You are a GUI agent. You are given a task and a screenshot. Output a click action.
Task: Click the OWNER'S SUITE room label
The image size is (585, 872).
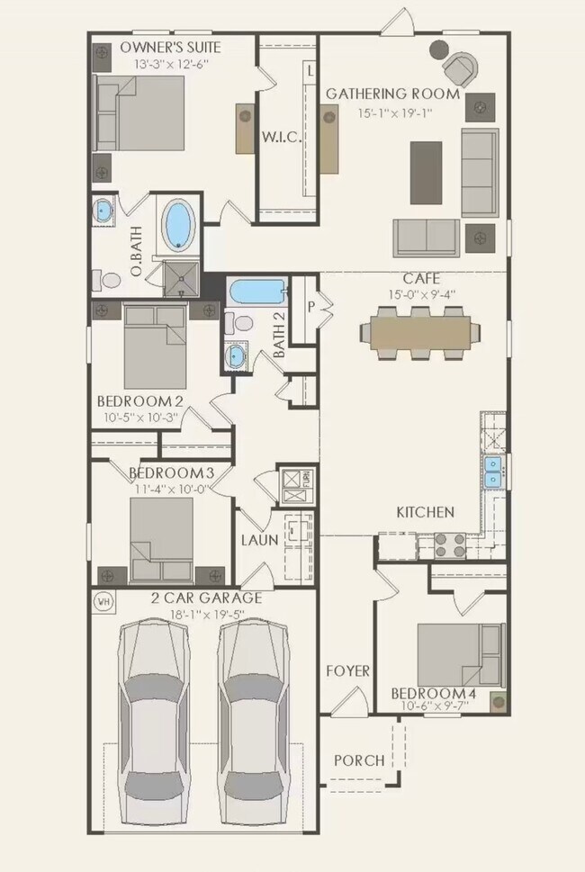(x=170, y=47)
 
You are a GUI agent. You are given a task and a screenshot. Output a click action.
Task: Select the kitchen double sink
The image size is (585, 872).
(x=493, y=471)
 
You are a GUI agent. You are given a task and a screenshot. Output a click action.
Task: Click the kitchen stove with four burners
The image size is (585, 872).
(x=450, y=543)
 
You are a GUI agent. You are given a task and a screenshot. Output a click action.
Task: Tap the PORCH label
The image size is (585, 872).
(x=359, y=760)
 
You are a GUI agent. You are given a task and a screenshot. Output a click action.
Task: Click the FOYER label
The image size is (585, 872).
(x=346, y=670)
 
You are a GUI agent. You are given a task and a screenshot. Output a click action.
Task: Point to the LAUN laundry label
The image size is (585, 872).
(x=258, y=540)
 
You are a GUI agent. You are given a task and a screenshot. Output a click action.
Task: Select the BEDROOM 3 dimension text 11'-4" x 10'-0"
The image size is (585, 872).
(x=170, y=489)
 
